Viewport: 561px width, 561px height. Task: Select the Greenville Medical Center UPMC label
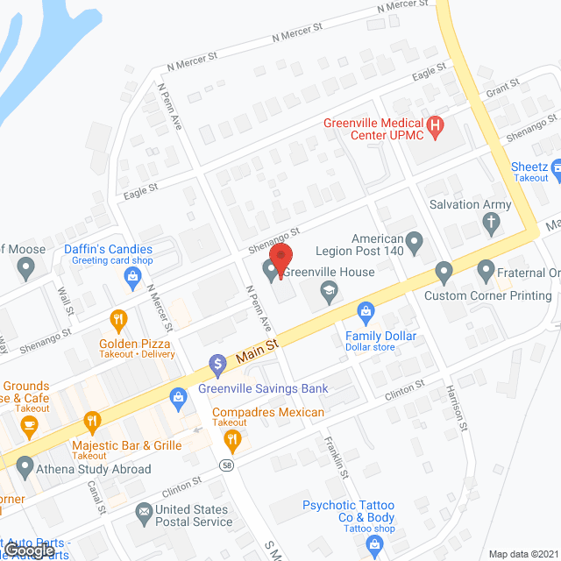point(373,128)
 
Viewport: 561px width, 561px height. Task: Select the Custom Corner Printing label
point(488,295)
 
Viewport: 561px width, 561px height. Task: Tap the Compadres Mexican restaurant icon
point(232,438)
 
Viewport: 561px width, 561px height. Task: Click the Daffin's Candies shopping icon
point(132,279)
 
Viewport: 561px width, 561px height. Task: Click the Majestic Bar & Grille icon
point(92,422)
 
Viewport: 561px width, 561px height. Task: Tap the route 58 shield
point(228,465)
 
